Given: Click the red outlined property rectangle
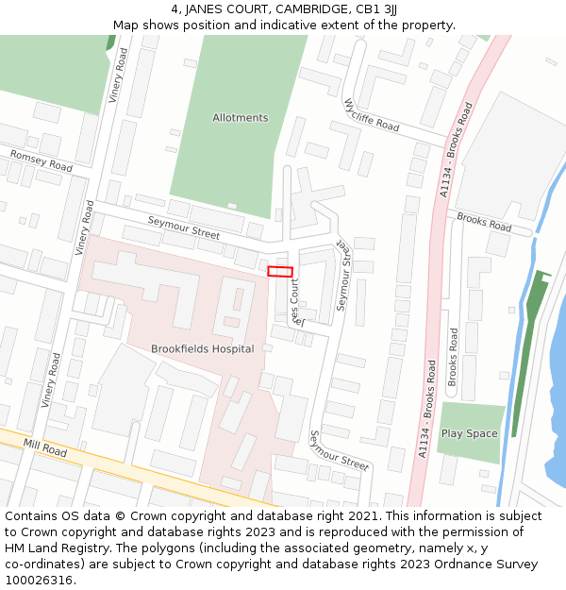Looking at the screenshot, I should point(280,272).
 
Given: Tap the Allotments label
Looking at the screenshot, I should point(240,118).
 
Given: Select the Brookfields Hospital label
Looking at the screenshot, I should point(202,349).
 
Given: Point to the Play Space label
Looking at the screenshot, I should point(469,434).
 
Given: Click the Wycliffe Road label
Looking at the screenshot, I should point(371,115).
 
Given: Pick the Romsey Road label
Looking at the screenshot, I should point(41,160).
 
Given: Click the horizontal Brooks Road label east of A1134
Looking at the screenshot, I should point(484,223).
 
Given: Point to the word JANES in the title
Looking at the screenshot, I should point(212,9).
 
